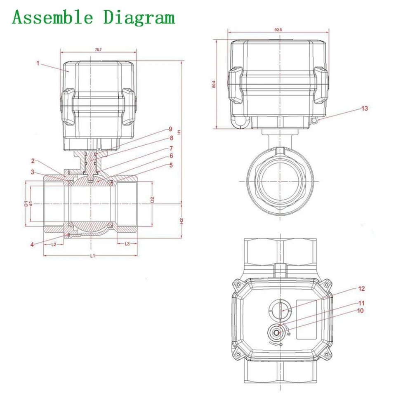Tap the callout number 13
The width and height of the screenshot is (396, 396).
(x=364, y=108)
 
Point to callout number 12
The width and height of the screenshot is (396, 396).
(x=362, y=289)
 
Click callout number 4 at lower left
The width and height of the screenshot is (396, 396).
(x=31, y=244)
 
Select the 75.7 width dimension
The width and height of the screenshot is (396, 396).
(x=98, y=49)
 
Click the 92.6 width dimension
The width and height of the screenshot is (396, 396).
(x=278, y=30)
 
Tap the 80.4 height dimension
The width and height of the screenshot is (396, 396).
(x=214, y=84)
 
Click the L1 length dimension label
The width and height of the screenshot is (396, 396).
(x=92, y=256)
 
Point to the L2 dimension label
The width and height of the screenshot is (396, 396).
(x=54, y=244)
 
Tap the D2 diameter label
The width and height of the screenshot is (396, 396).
(x=152, y=200)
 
